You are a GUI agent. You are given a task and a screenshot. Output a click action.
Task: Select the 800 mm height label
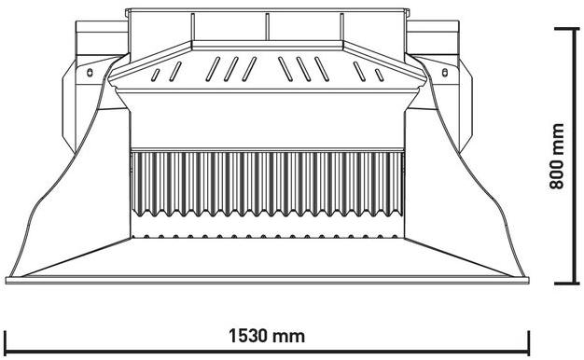(x=557, y=157)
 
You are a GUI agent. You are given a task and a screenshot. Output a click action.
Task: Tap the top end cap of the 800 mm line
(x=570, y=29)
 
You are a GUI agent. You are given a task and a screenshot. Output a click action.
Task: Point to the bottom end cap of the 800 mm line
(x=570, y=283)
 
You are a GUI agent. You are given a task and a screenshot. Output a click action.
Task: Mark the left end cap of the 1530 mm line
(x=7, y=340)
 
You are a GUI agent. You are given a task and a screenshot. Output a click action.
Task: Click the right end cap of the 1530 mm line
(x=529, y=340)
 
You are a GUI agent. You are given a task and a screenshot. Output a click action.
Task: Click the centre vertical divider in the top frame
(x=267, y=25)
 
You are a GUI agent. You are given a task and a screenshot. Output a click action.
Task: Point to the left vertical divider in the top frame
(x=193, y=25)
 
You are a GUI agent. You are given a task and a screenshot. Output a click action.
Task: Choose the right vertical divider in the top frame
(x=341, y=25)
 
